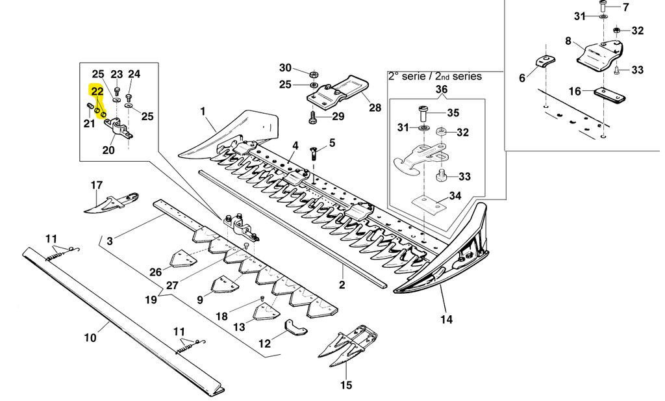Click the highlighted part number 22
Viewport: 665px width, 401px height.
[97, 92]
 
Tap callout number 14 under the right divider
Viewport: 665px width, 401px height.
[446, 319]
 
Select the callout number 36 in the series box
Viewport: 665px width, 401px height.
[441, 89]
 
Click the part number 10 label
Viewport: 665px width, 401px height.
[90, 337]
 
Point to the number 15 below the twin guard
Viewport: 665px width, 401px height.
[345, 385]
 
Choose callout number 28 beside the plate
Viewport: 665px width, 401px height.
[375, 107]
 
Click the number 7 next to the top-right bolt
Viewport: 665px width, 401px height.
[625, 8]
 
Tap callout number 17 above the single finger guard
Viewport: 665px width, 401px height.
[96, 185]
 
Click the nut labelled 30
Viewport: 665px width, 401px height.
[313, 73]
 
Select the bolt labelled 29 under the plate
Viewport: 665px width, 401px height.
[313, 118]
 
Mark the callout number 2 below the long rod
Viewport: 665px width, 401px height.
[342, 285]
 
